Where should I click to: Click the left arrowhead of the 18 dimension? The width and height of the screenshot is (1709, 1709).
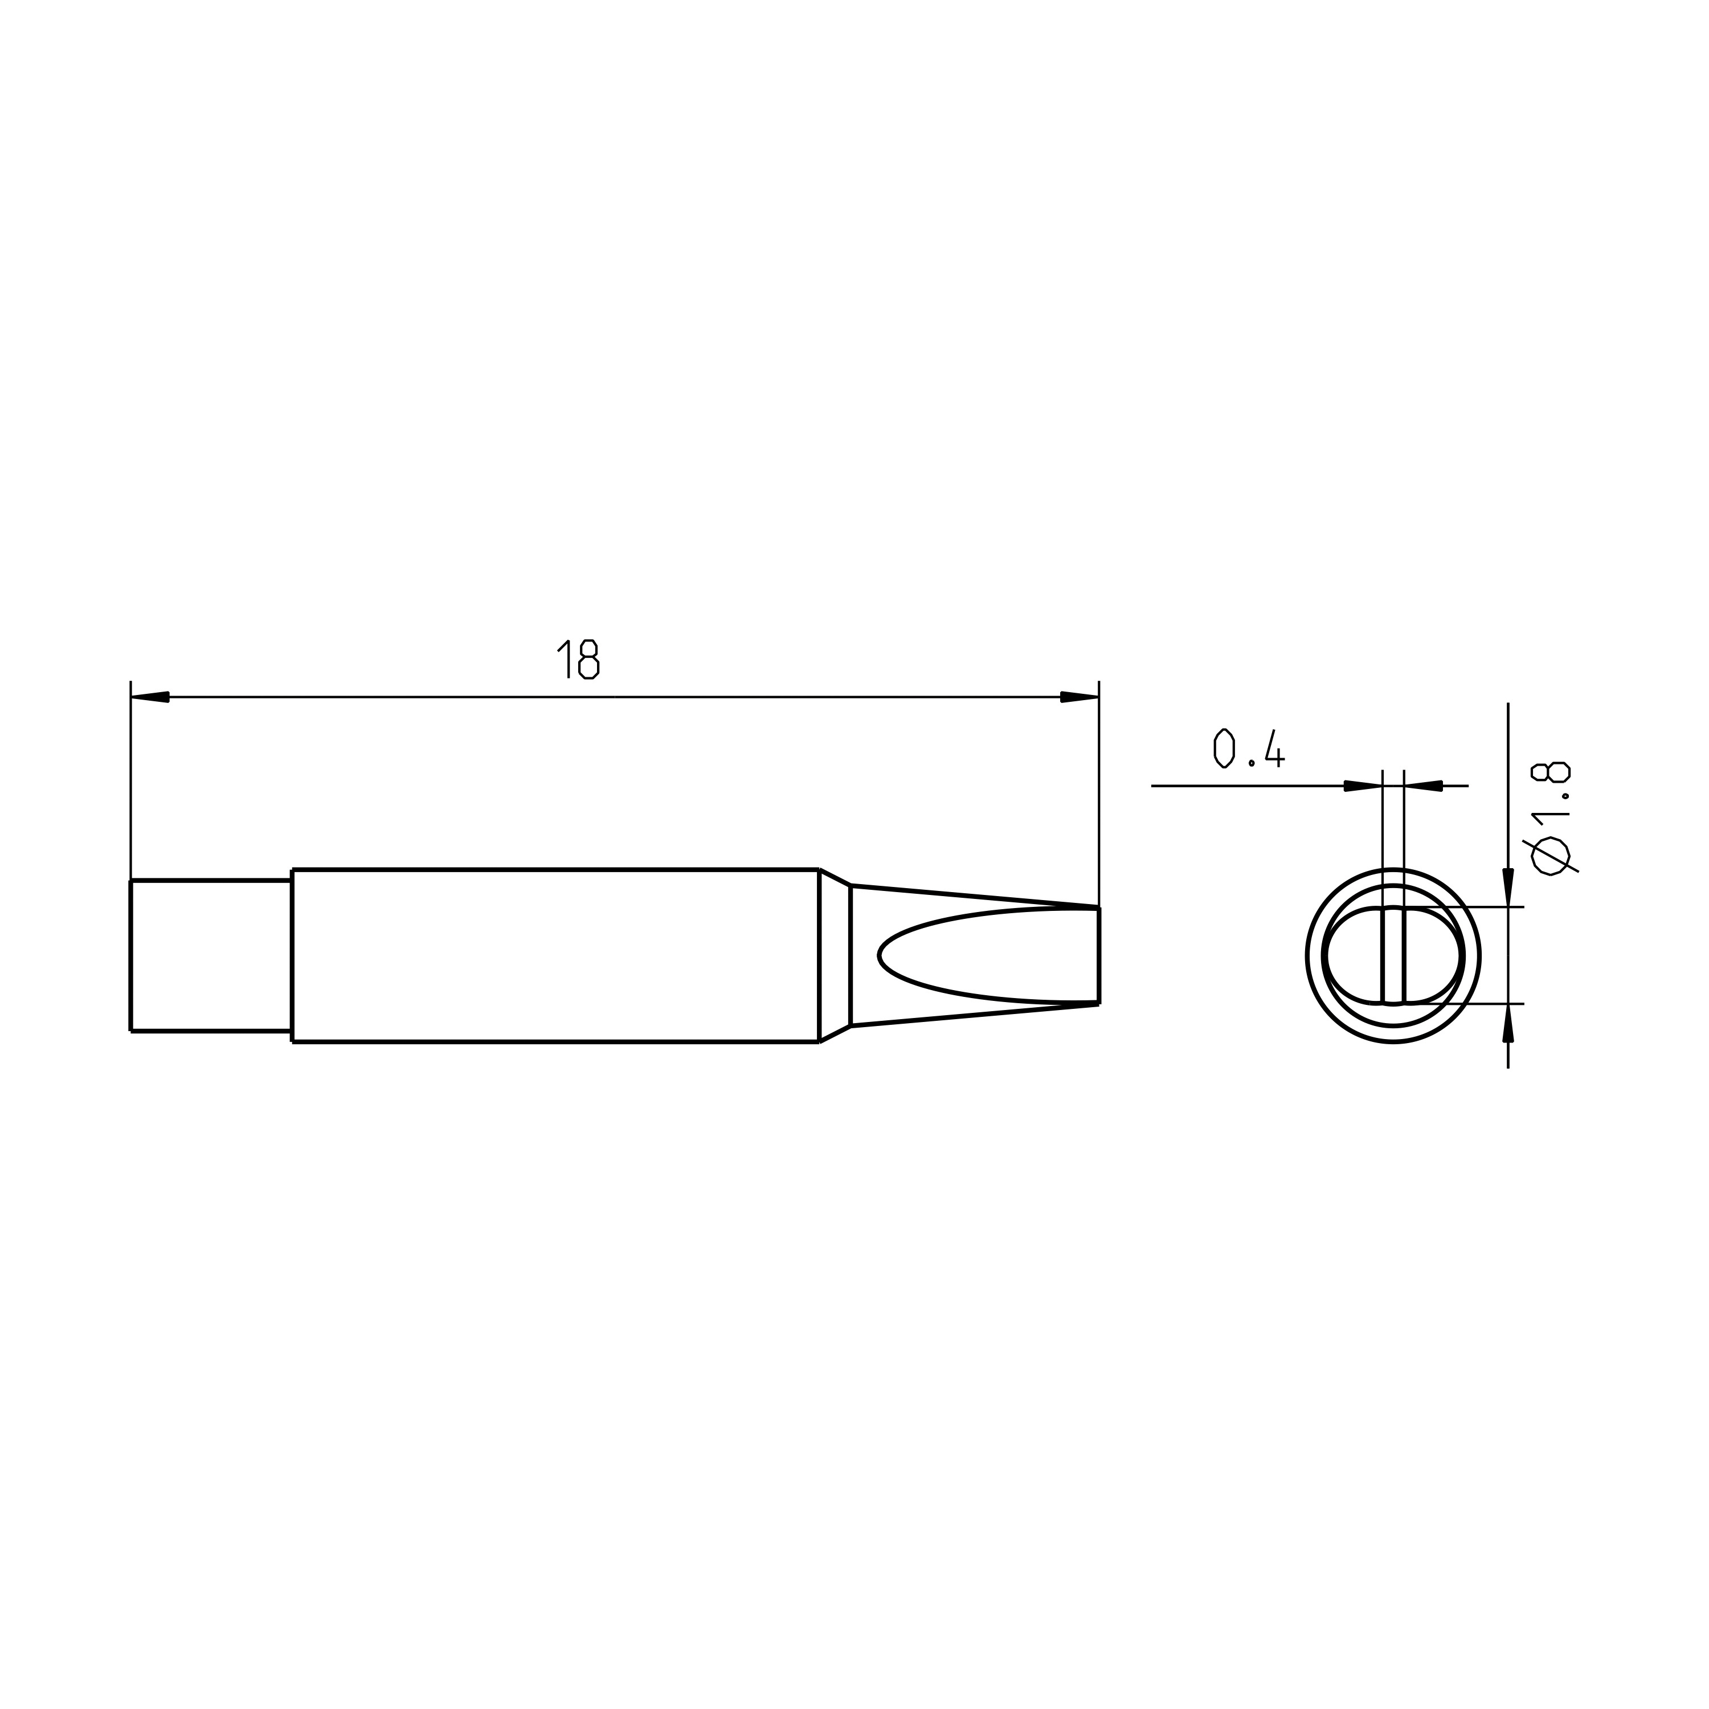tap(149, 697)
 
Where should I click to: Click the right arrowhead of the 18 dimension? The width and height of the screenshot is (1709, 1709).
tap(1079, 697)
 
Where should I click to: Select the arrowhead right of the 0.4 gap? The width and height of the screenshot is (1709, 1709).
tap(1423, 786)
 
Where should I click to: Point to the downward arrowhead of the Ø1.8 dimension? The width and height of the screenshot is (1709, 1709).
tap(1508, 887)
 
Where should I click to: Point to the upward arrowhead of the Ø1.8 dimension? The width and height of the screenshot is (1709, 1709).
tap(1508, 1024)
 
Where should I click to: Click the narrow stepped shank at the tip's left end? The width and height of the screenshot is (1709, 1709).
tap(211, 955)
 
